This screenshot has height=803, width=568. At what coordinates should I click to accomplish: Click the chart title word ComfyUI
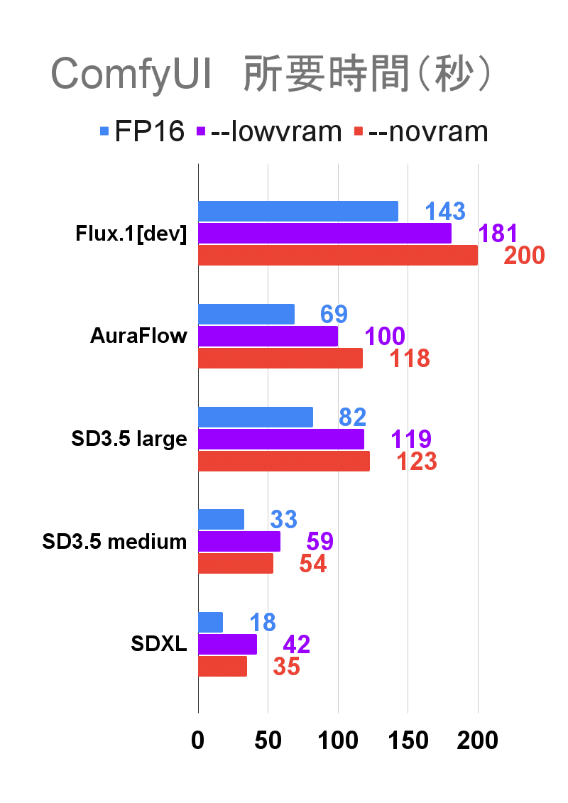(131, 75)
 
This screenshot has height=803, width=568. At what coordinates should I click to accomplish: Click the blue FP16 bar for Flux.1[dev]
(297, 211)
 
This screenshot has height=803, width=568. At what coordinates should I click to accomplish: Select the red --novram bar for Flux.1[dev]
(337, 256)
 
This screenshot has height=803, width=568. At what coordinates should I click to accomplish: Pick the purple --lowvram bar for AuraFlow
(268, 336)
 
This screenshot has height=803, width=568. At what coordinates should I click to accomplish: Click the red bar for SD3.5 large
(283, 461)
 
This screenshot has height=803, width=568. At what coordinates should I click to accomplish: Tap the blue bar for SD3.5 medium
(221, 520)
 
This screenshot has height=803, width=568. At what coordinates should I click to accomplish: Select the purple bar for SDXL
(227, 644)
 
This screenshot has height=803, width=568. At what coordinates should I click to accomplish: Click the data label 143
(444, 211)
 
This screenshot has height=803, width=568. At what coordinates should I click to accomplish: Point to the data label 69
(333, 314)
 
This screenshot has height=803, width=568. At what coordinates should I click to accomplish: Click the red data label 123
(416, 461)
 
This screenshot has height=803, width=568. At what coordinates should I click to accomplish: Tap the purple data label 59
(319, 542)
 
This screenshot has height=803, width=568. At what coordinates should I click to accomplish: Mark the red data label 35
(286, 667)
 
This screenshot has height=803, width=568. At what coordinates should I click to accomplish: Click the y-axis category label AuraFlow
(138, 336)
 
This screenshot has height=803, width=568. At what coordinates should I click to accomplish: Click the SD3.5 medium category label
(114, 542)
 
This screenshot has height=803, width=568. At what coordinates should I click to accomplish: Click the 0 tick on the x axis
(197, 741)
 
